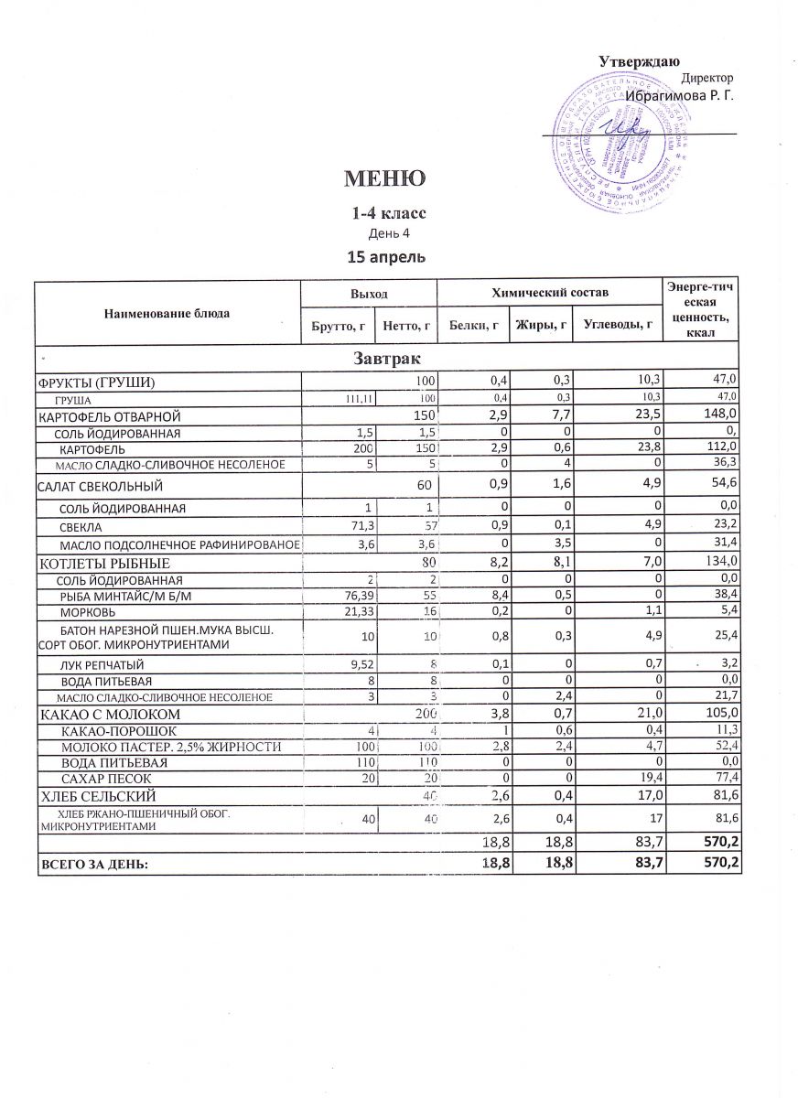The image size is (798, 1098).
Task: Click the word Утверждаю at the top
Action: (638, 61)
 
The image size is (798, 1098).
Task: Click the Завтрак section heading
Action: (386, 356)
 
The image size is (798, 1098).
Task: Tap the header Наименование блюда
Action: (169, 313)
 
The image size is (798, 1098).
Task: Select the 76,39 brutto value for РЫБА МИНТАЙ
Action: (359, 595)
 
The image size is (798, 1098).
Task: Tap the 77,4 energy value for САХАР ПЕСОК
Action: (724, 779)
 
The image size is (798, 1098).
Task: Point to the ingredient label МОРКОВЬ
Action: (88, 610)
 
